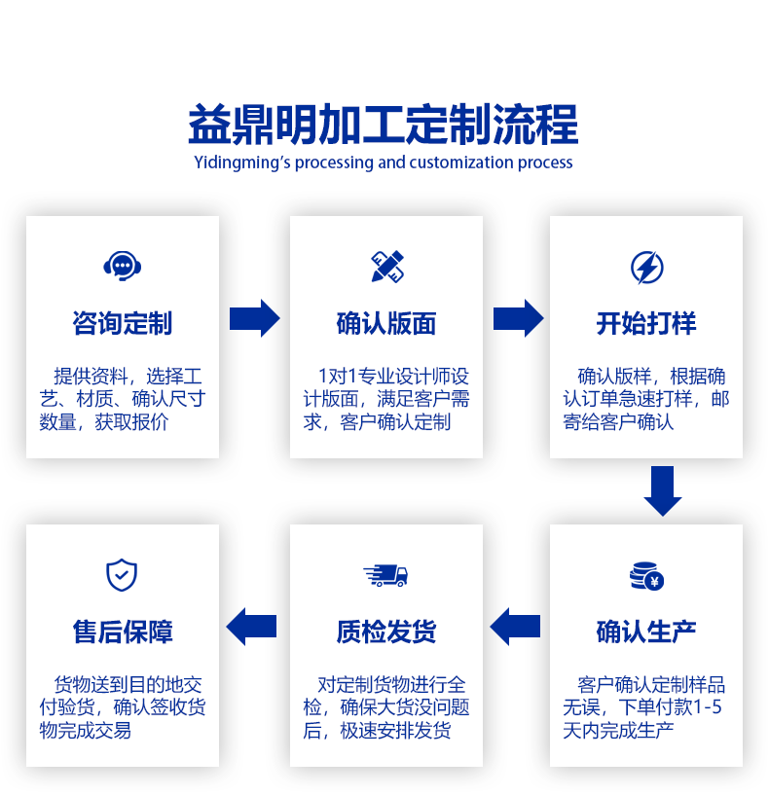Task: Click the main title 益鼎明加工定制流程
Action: pyautogui.click(x=384, y=126)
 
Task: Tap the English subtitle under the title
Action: pyautogui.click(x=384, y=163)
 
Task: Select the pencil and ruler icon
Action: pyautogui.click(x=386, y=266)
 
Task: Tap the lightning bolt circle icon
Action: pyautogui.click(x=646, y=266)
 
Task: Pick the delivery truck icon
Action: pyautogui.click(x=385, y=575)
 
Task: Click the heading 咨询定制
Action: pyautogui.click(x=123, y=323)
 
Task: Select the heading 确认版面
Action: pyautogui.click(x=386, y=323)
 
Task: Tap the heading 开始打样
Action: pyautogui.click(x=646, y=323)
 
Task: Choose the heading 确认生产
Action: pyautogui.click(x=646, y=632)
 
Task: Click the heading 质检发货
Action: pyautogui.click(x=386, y=632)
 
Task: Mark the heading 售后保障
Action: pyautogui.click(x=123, y=632)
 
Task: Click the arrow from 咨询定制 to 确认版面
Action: pyautogui.click(x=254, y=318)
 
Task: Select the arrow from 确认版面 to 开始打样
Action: pyautogui.click(x=518, y=318)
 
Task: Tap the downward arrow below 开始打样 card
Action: pyautogui.click(x=663, y=490)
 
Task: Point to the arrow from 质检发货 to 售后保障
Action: pyautogui.click(x=252, y=627)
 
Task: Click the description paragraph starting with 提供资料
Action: pyautogui.click(x=123, y=399)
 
